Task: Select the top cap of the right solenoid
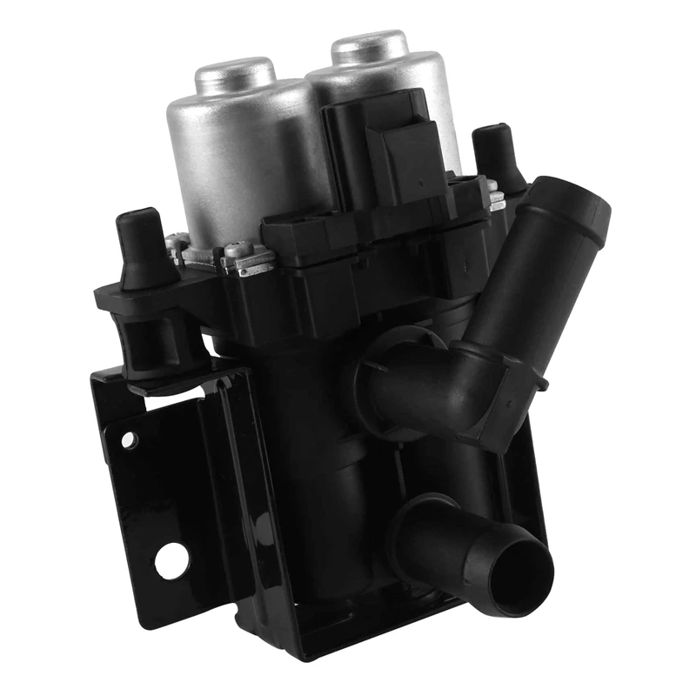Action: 370,45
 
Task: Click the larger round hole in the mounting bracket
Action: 171,559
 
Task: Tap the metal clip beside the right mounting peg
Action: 497,200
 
